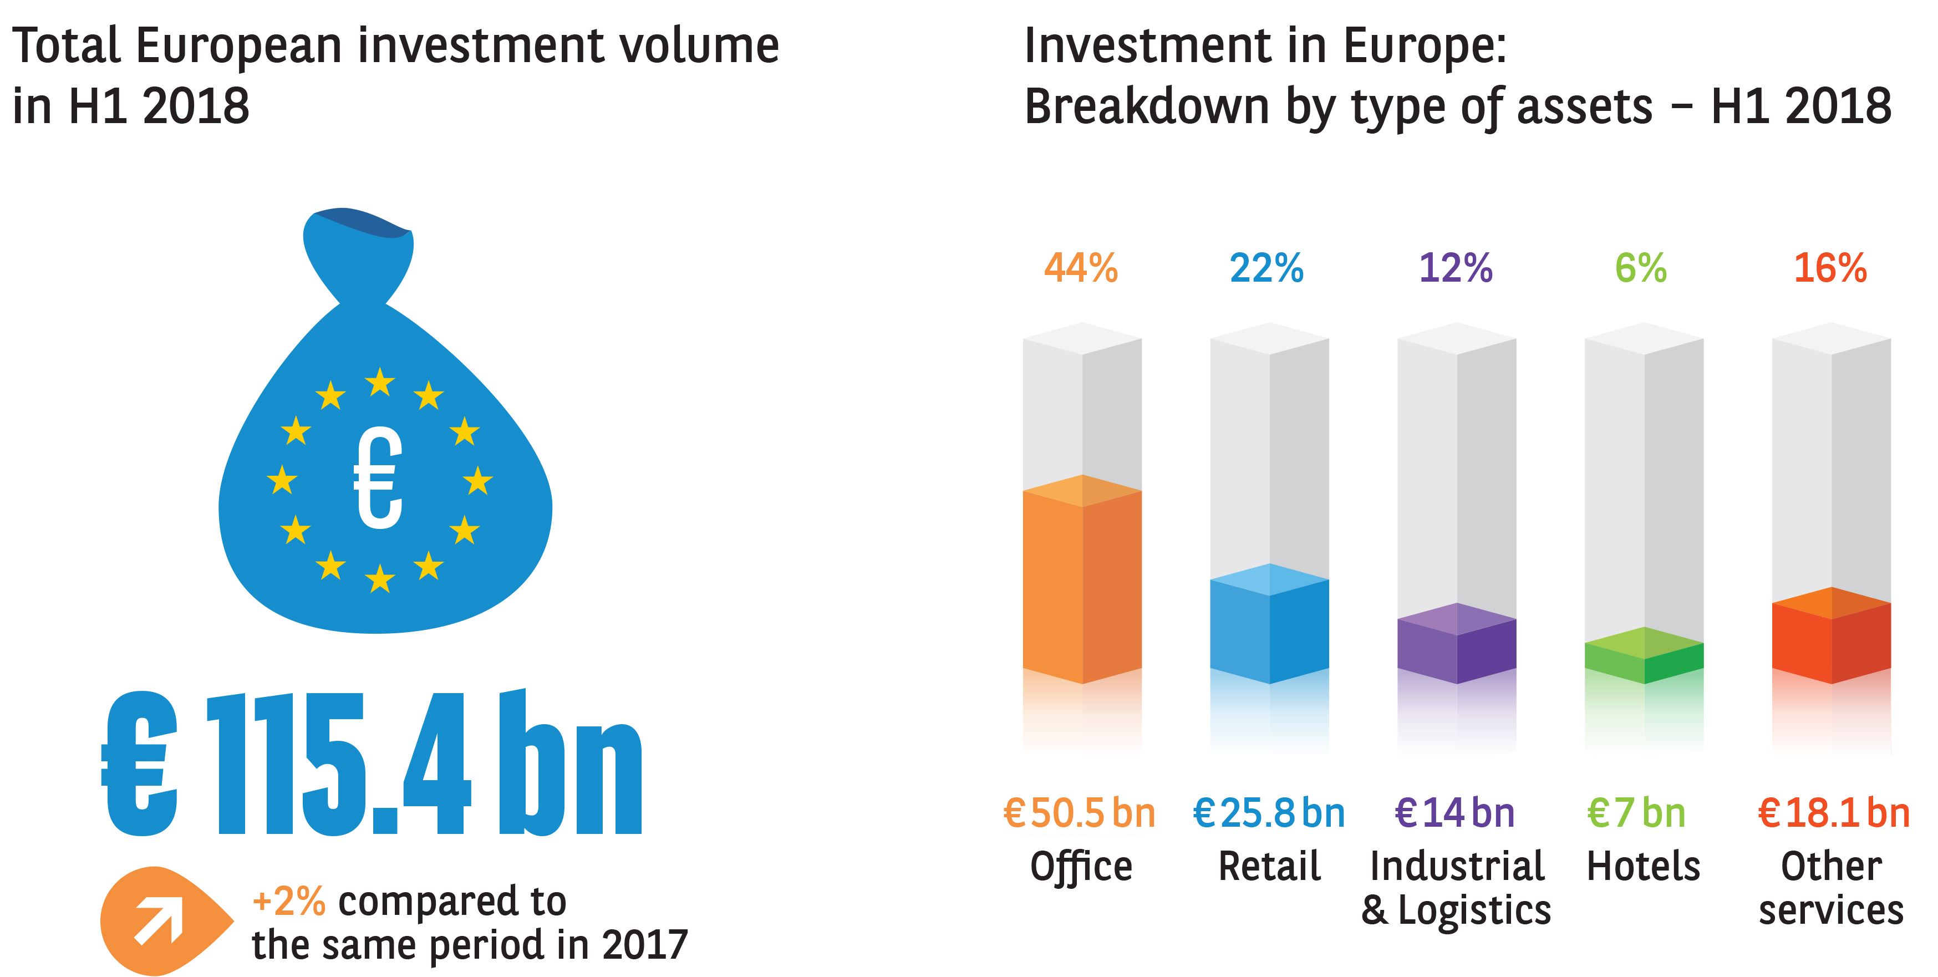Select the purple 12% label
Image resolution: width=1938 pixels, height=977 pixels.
tap(1455, 268)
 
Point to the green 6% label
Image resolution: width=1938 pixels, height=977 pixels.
tap(1641, 268)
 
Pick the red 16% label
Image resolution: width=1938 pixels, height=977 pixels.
tap(1830, 268)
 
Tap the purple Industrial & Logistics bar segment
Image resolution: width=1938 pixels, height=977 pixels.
tap(1457, 647)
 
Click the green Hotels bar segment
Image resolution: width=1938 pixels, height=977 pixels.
tap(1644, 658)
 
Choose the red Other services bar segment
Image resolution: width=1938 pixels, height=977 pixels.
tap(1831, 639)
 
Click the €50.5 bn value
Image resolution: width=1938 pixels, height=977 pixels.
tap(1080, 813)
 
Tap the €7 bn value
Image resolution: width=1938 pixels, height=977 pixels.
tap(1636, 813)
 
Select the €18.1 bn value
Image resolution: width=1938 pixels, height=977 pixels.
tap(1833, 813)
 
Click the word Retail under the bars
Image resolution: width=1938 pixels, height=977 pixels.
tap(1269, 867)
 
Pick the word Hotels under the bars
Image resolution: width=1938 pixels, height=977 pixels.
tap(1643, 867)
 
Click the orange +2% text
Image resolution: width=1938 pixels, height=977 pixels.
tap(289, 901)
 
